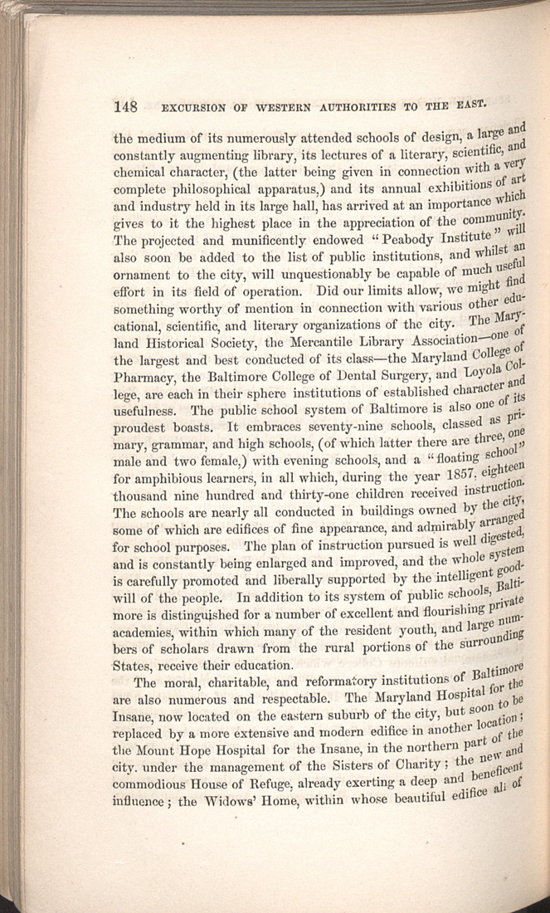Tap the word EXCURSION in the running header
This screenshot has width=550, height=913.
point(194,107)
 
